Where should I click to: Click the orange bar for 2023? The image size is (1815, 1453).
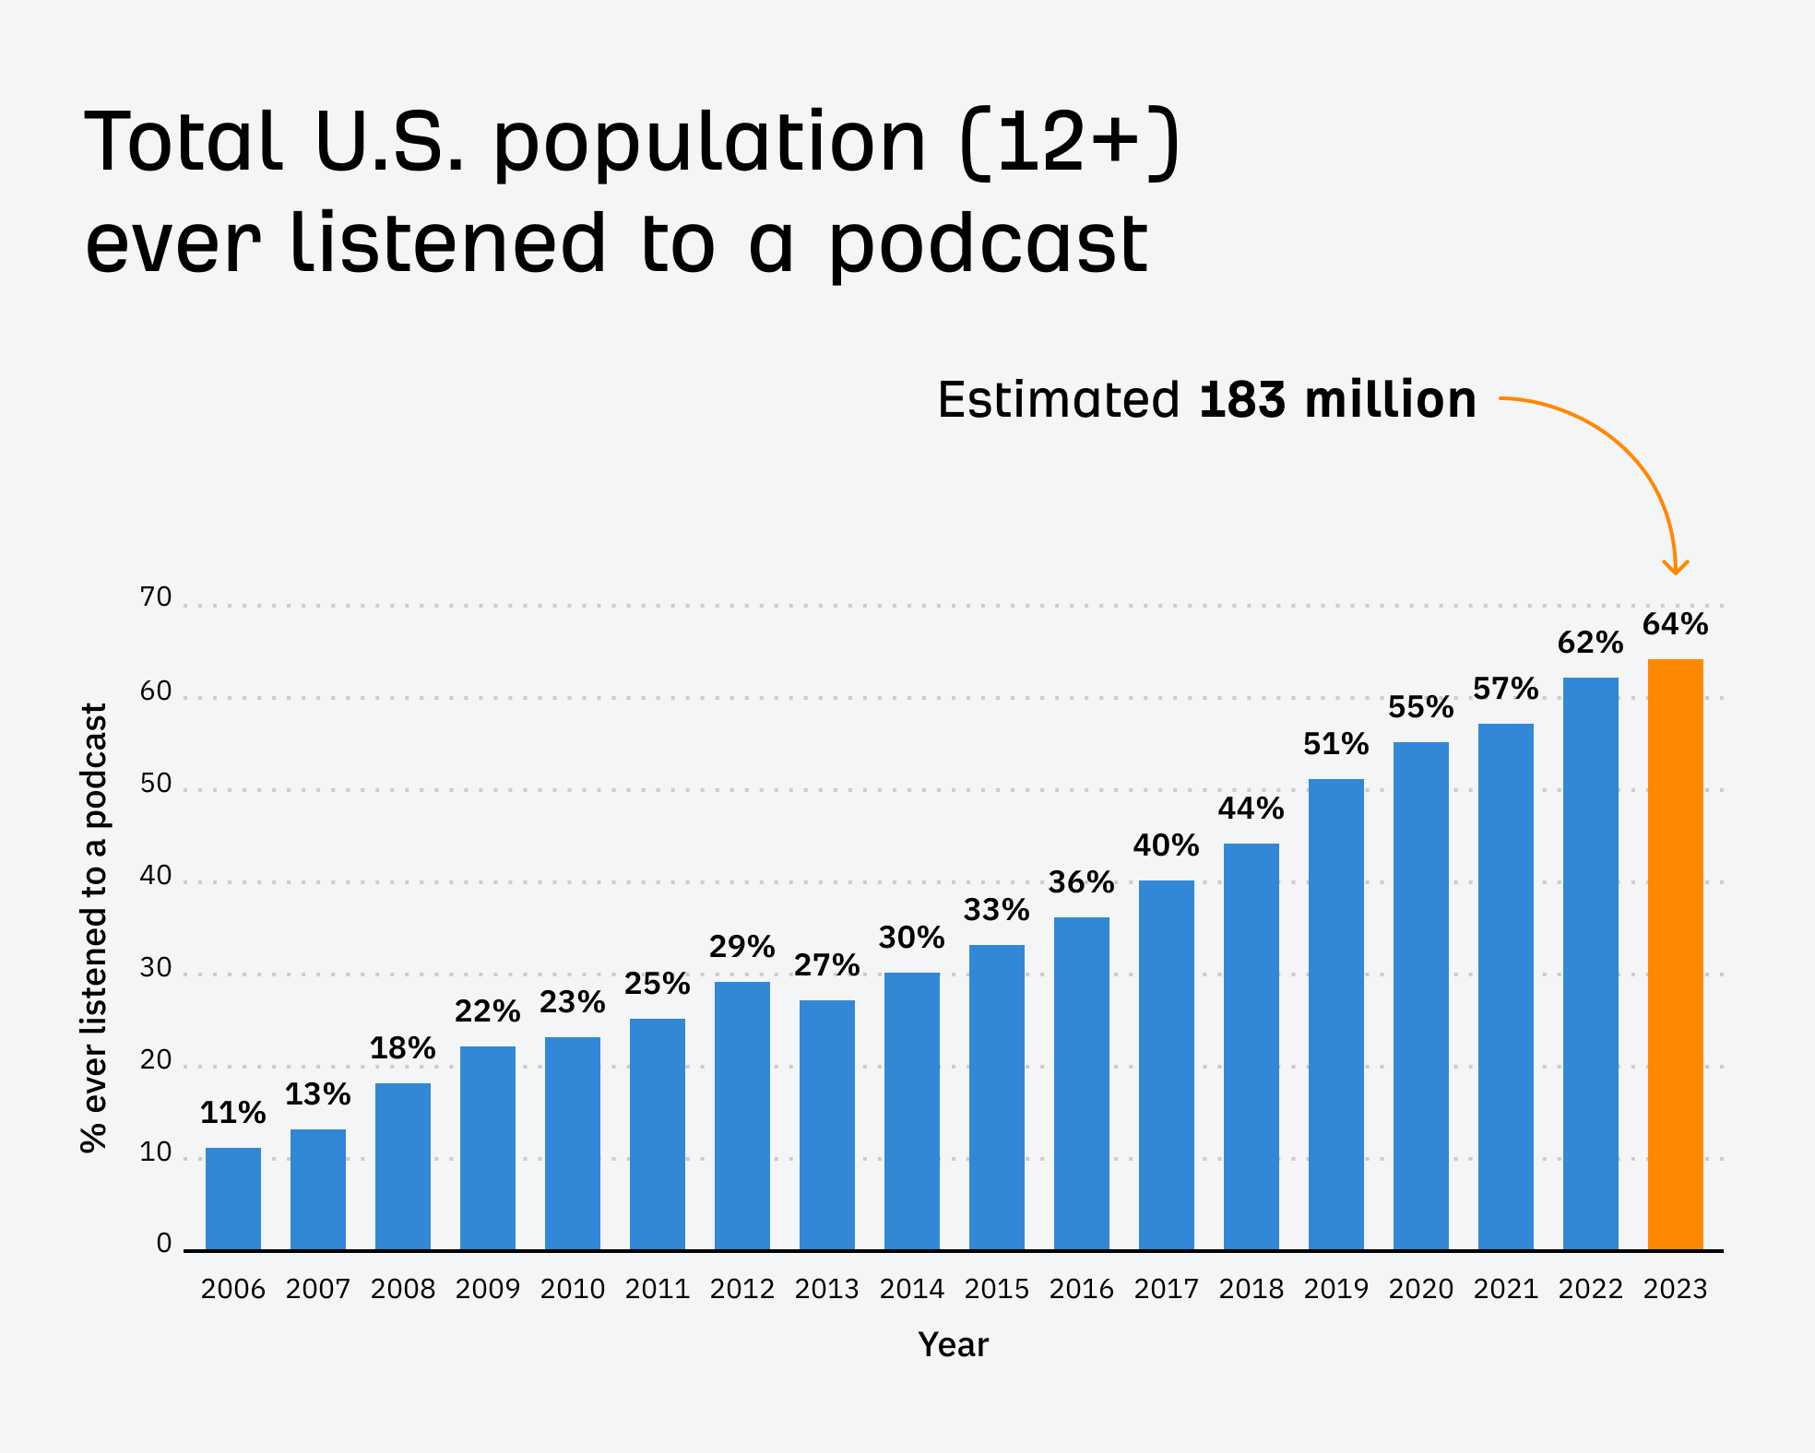[x=1675, y=954]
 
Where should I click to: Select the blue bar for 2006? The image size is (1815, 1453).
[x=232, y=1199]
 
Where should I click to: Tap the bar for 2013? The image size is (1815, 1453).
[x=826, y=1125]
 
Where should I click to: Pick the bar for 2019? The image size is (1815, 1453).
[x=1335, y=1014]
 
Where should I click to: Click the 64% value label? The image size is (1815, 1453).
[x=1675, y=625]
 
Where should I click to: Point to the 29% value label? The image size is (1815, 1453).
[x=741, y=947]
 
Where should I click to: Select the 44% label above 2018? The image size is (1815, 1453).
[x=1251, y=809]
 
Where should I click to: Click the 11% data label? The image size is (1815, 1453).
[x=232, y=1114]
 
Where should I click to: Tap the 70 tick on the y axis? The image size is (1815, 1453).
[x=156, y=597]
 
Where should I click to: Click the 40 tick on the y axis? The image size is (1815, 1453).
[x=156, y=875]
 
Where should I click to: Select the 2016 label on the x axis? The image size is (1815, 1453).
[x=1081, y=1289]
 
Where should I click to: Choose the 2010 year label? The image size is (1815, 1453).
[x=572, y=1289]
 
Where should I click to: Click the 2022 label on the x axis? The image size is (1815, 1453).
[x=1590, y=1289]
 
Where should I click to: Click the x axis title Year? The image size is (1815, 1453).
[x=953, y=1345]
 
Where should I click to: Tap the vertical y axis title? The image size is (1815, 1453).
[x=94, y=927]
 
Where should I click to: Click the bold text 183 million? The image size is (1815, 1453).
[x=1337, y=400]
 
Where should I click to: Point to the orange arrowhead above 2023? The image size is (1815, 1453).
[x=1675, y=566]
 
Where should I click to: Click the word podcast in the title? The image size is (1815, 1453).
[x=987, y=244]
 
